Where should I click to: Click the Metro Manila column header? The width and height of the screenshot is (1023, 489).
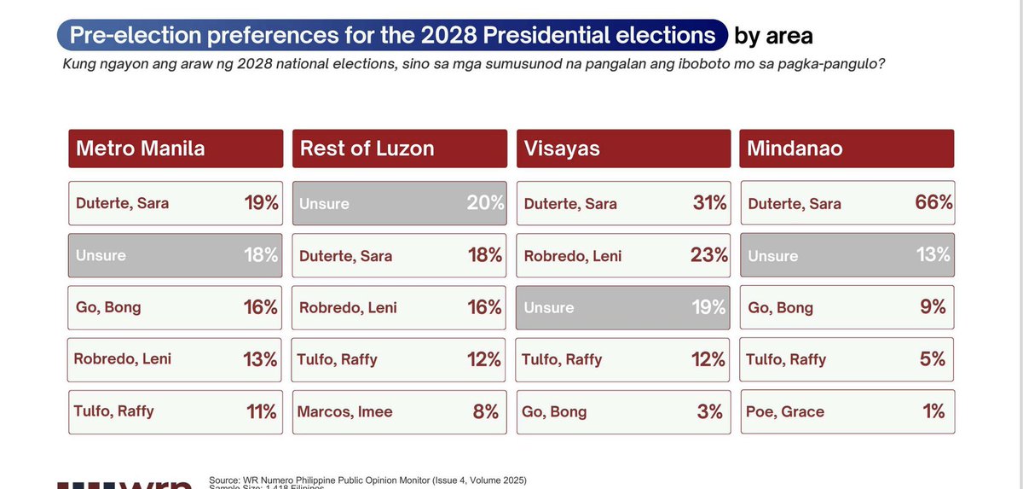pyautogui.click(x=175, y=148)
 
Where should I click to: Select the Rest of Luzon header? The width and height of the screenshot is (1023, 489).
pyautogui.click(x=399, y=148)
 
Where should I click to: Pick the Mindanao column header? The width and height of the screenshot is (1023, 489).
pyautogui.click(x=847, y=148)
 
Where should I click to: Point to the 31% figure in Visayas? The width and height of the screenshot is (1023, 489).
pyautogui.click(x=708, y=203)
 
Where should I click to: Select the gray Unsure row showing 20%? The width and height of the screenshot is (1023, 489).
pyautogui.click(x=399, y=204)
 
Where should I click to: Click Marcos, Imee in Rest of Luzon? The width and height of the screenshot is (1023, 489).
pyautogui.click(x=344, y=411)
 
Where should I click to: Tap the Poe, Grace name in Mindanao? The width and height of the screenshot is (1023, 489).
pyautogui.click(x=784, y=411)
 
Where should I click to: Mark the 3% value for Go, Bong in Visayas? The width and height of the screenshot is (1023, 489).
pyautogui.click(x=709, y=411)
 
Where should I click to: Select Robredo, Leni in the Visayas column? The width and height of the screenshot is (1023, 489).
pyautogui.click(x=573, y=255)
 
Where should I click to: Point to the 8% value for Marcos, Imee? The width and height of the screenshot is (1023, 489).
pyautogui.click(x=485, y=411)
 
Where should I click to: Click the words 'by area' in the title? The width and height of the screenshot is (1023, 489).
pyautogui.click(x=773, y=36)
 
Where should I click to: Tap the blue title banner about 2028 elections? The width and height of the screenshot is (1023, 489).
pyautogui.click(x=392, y=36)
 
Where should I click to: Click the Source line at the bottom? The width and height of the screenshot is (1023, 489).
pyautogui.click(x=367, y=480)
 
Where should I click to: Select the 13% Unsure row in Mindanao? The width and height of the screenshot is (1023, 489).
pyautogui.click(x=847, y=255)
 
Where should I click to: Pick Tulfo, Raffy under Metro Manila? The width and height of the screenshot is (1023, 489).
pyautogui.click(x=113, y=410)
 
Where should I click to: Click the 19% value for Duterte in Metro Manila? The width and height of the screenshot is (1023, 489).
pyautogui.click(x=261, y=203)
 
